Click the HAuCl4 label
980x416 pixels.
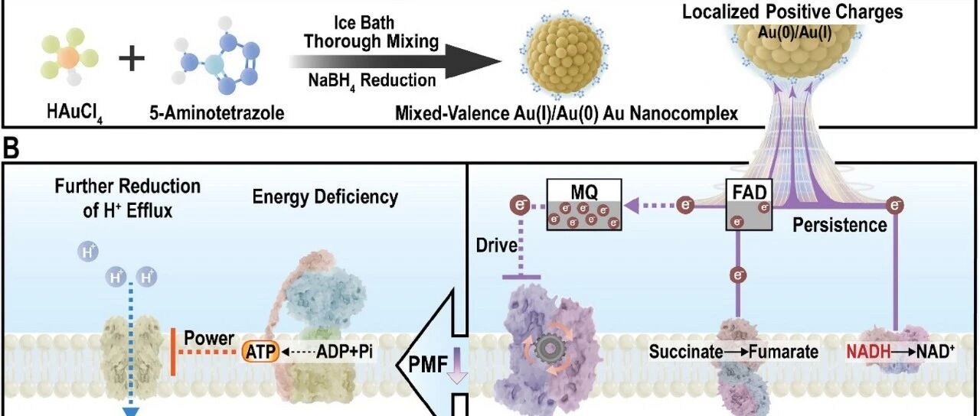point(75,114)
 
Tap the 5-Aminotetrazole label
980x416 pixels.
point(217,113)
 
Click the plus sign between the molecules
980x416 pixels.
point(132,59)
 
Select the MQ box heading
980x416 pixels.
point(584,191)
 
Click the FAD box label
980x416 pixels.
point(750,192)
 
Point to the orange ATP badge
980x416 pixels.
point(260,352)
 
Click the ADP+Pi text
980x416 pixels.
point(345,351)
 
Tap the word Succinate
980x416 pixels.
point(685,352)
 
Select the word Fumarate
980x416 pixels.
point(783,352)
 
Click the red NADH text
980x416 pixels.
point(868,352)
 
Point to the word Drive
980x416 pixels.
point(497,245)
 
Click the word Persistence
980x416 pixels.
point(840,226)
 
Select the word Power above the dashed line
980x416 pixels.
point(209,338)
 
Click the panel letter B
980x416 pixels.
point(11,148)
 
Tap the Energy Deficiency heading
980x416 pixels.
point(325,197)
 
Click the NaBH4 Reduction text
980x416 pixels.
point(372,81)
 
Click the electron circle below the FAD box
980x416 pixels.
point(738,275)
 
